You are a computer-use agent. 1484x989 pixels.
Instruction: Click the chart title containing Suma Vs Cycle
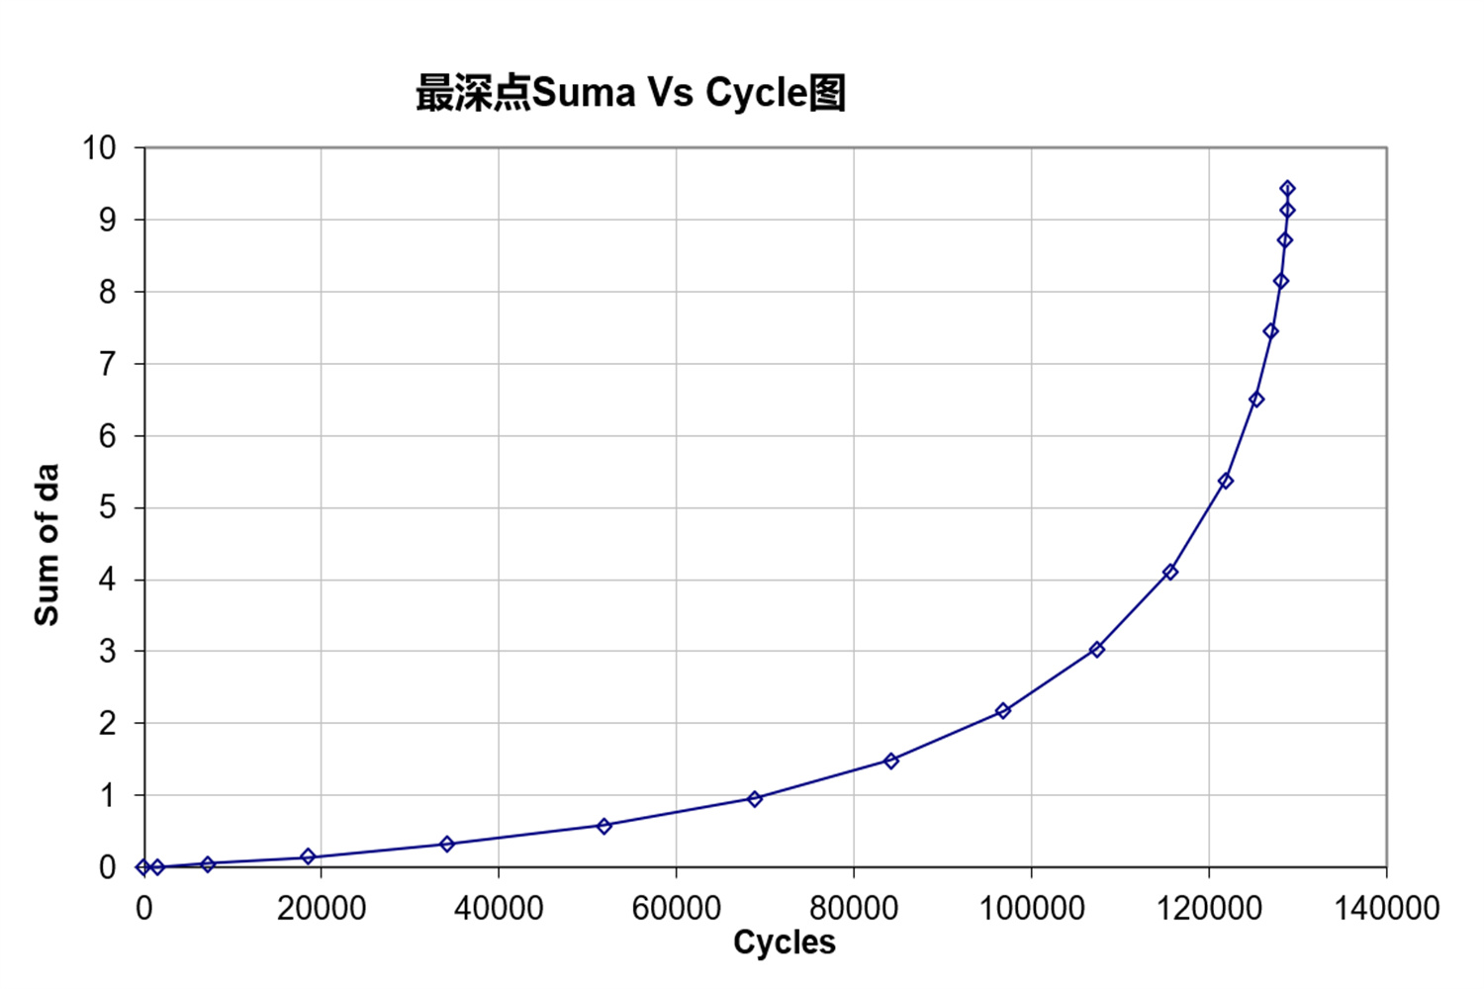click(630, 93)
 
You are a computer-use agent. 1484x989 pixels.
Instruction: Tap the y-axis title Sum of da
click(46, 544)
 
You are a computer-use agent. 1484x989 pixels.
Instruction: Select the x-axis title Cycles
click(784, 943)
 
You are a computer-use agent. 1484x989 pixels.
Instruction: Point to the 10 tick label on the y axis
click(99, 148)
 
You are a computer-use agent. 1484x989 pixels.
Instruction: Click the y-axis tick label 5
click(107, 507)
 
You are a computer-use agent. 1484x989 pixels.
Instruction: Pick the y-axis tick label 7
click(107, 364)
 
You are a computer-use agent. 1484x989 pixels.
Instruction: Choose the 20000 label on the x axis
click(321, 908)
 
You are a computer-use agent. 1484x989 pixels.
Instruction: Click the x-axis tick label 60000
click(676, 908)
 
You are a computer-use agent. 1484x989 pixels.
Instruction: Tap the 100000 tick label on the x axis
click(1031, 908)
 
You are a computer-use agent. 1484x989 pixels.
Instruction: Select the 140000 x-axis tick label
click(1386, 908)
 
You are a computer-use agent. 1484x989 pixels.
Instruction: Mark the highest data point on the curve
click(1287, 189)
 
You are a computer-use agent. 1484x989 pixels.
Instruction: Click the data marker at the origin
click(144, 867)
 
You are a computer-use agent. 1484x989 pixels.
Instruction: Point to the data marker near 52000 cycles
click(604, 826)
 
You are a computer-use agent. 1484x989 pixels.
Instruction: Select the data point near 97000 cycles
click(1003, 711)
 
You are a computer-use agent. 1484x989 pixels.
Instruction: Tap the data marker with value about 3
click(1097, 650)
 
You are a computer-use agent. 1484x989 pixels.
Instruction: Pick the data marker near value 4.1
click(1170, 572)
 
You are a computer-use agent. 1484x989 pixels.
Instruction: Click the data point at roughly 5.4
click(1226, 481)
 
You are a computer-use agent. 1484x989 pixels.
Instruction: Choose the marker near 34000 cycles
click(447, 844)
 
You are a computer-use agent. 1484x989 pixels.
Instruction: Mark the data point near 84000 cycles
click(891, 761)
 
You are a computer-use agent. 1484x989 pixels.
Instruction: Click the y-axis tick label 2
click(107, 723)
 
